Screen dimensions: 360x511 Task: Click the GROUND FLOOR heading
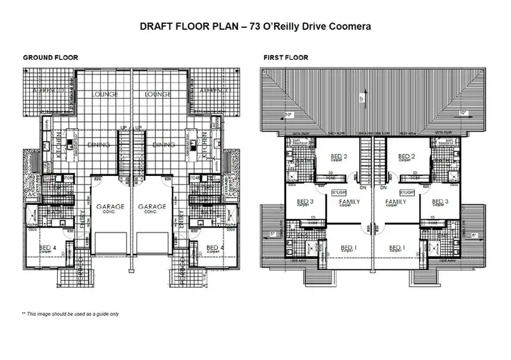(x=50, y=58)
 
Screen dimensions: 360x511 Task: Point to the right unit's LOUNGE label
(x=158, y=94)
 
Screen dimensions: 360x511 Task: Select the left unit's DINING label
(x=100, y=145)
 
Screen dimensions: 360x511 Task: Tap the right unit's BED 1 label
(x=397, y=247)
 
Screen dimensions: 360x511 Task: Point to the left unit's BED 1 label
(x=349, y=247)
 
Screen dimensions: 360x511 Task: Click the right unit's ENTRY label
(x=180, y=222)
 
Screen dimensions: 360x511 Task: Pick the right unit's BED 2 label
(x=407, y=156)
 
